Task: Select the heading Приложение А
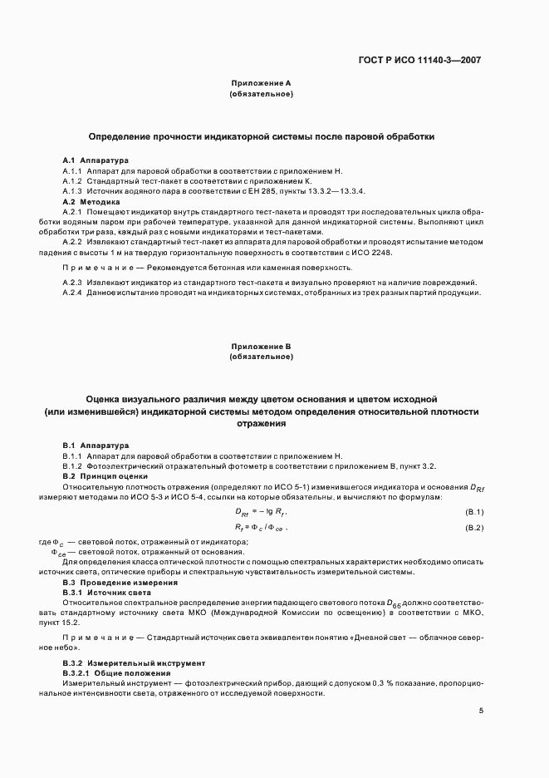click(x=261, y=83)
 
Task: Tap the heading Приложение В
click(x=261, y=346)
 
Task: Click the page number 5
click(x=482, y=711)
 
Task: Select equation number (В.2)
click(x=474, y=528)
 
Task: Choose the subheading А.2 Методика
click(x=91, y=202)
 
